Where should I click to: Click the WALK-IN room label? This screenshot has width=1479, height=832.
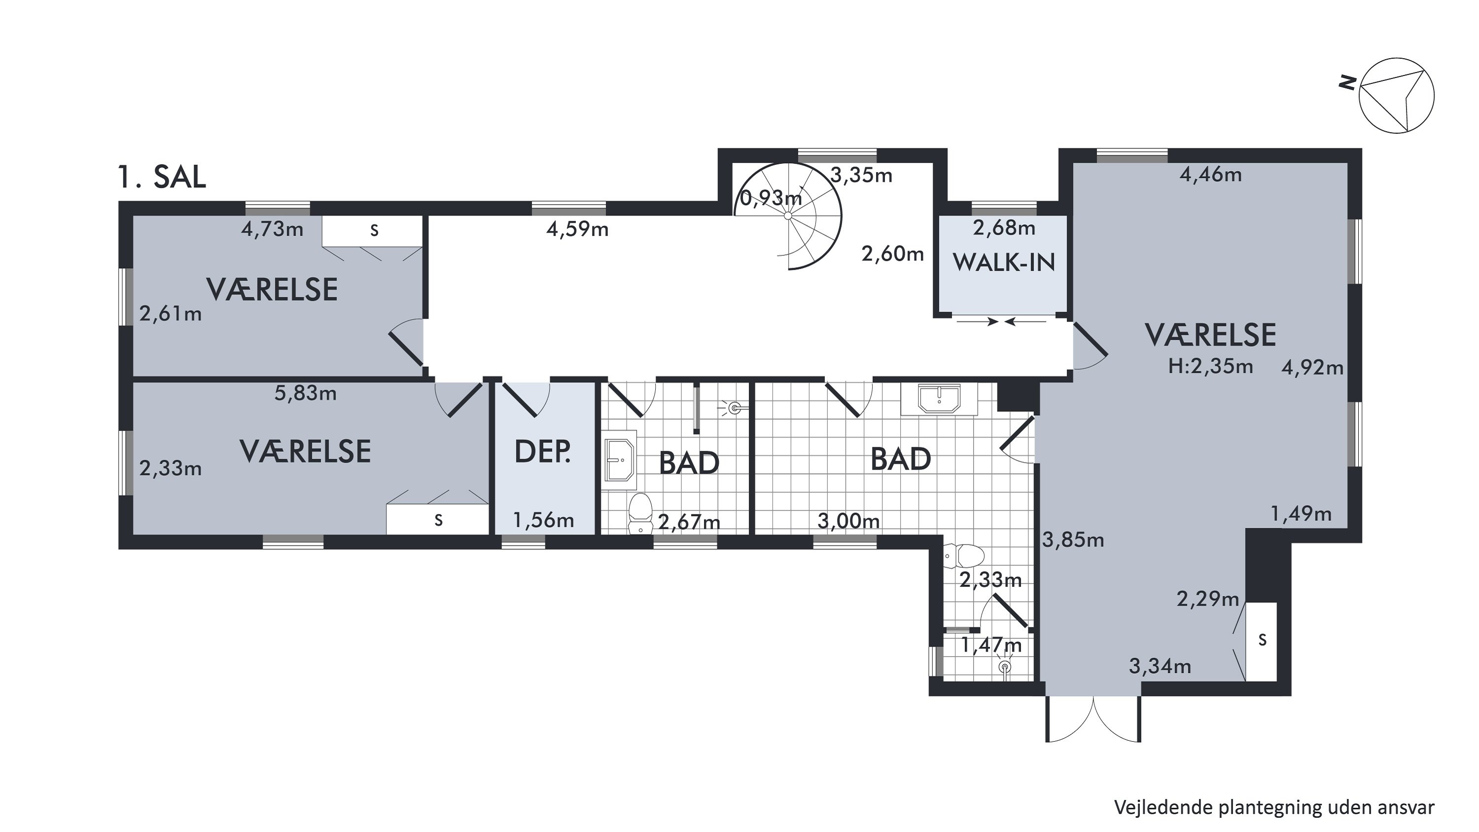1004,262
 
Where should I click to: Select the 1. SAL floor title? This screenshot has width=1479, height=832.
161,177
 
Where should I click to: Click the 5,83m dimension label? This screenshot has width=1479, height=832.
306,394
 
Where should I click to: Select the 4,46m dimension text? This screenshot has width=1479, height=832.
1211,175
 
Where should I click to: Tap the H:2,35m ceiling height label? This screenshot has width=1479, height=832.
1210,366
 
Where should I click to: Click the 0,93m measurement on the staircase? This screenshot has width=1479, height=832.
771,198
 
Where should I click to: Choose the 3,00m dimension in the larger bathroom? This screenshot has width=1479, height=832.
848,521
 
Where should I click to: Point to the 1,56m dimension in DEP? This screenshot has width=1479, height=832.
543,520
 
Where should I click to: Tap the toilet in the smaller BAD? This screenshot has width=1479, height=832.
641,513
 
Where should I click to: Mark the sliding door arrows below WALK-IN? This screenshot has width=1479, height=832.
1002,322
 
